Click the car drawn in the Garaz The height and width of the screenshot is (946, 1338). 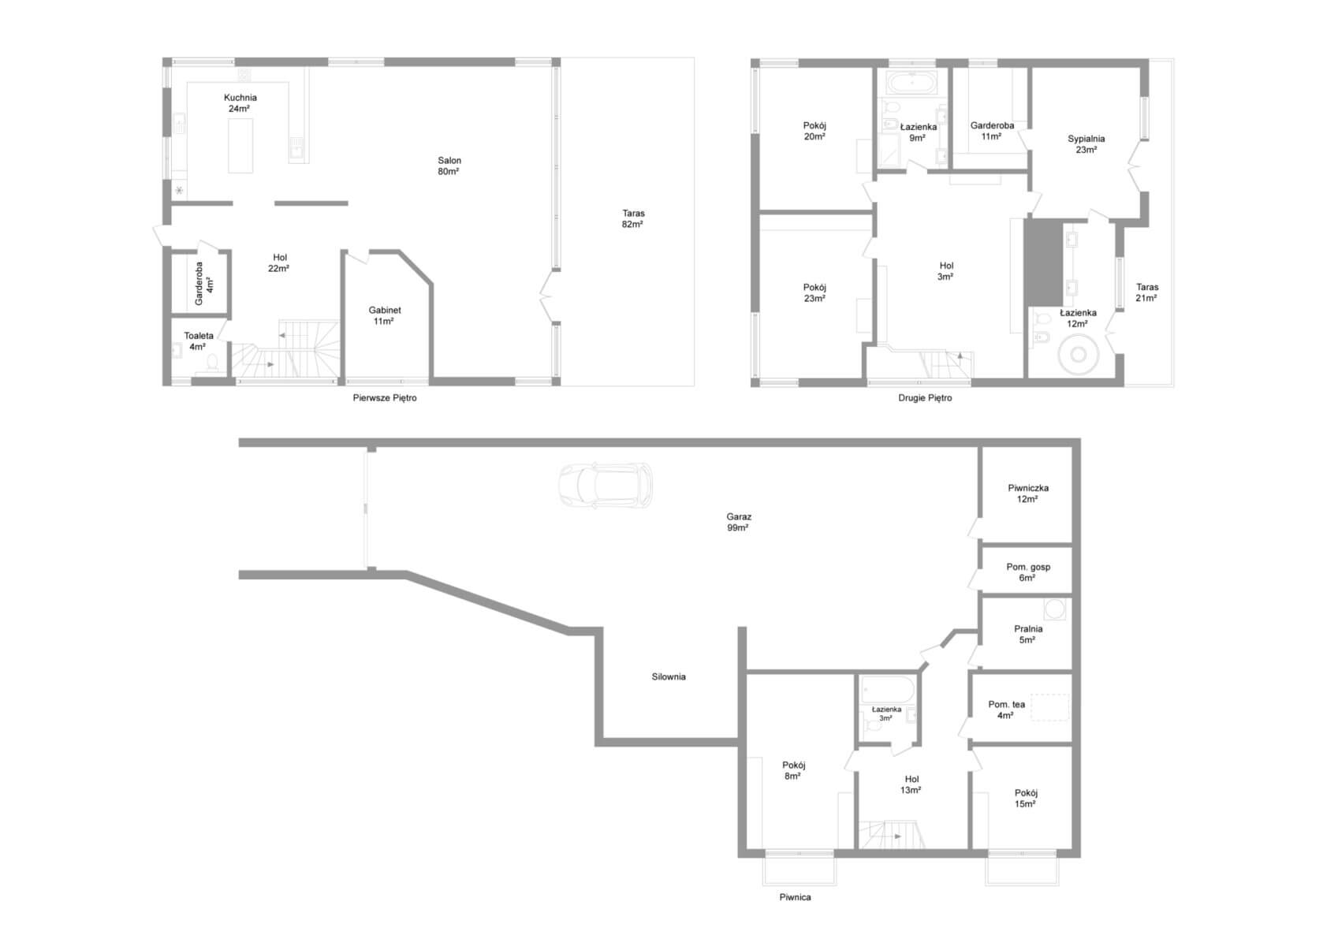pyautogui.click(x=605, y=486)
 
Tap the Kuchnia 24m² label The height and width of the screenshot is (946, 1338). pyautogui.click(x=240, y=102)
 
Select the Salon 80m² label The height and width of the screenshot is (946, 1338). pyautogui.click(x=449, y=166)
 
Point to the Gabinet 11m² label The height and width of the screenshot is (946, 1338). pyautogui.click(x=385, y=315)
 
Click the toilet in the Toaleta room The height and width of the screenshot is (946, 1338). pyautogui.click(x=212, y=362)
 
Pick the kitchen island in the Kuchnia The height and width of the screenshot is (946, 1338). pyautogui.click(x=240, y=145)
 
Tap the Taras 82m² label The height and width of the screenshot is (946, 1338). pyautogui.click(x=633, y=218)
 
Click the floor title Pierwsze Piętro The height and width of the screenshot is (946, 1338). pyautogui.click(x=385, y=398)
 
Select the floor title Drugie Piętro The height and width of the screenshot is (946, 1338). pyautogui.click(x=925, y=398)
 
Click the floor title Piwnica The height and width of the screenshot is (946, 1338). pyautogui.click(x=795, y=897)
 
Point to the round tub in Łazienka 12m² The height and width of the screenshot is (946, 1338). pyautogui.click(x=1078, y=355)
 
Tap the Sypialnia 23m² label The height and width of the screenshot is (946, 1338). pyautogui.click(x=1086, y=144)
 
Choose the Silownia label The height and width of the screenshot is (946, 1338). pyautogui.click(x=669, y=676)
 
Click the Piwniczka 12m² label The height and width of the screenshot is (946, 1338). pyautogui.click(x=1028, y=493)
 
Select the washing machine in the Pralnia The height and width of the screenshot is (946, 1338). pyautogui.click(x=1054, y=609)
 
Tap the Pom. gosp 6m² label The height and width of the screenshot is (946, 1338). pyautogui.click(x=1028, y=572)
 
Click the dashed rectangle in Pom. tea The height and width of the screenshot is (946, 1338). pyautogui.click(x=1049, y=707)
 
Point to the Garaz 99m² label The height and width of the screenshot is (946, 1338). pyautogui.click(x=739, y=522)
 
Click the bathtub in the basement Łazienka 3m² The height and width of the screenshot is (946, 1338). pyautogui.click(x=888, y=690)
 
